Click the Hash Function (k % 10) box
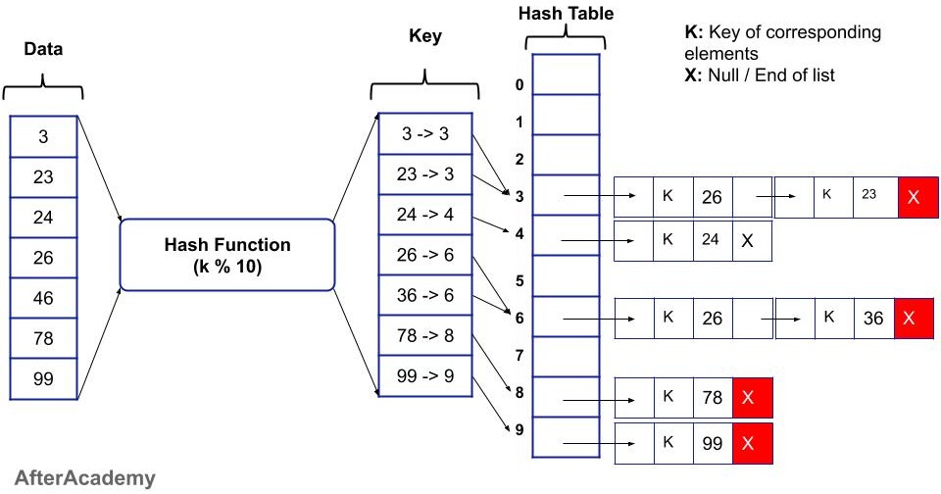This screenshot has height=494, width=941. [x=227, y=254]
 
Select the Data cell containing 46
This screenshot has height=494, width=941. [x=43, y=298]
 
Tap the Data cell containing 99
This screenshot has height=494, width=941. [x=43, y=379]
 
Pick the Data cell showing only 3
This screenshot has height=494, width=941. [x=43, y=136]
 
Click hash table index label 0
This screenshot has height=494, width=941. [x=520, y=85]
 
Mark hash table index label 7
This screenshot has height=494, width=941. [x=520, y=355]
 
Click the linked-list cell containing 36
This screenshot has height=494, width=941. [x=873, y=318]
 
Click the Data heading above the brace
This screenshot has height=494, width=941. [x=42, y=50]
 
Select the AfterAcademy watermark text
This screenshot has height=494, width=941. [x=78, y=478]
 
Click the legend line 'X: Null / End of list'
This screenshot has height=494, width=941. [x=759, y=74]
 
